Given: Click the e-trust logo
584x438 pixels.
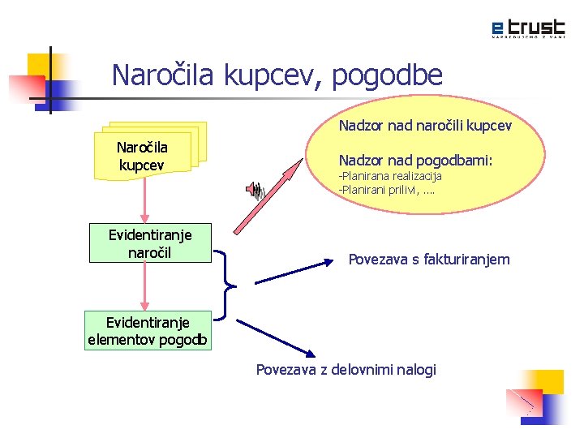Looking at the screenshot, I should [x=527, y=28].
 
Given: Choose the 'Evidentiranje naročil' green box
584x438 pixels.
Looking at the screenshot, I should [x=150, y=244].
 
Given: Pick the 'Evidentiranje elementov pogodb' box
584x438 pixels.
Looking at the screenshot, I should [x=148, y=330].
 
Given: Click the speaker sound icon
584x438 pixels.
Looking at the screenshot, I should [x=255, y=190].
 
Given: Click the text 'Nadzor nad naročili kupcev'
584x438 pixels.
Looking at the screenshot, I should [x=425, y=127].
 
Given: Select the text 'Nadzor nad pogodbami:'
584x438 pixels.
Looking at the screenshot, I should [x=415, y=160].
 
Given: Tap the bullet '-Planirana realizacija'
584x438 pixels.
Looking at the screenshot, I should [x=390, y=176].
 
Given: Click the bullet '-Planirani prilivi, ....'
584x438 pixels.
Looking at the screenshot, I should [x=386, y=190].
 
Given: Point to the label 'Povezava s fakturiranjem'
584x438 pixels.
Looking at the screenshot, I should [x=429, y=260].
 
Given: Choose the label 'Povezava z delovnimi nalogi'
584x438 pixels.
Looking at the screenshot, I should [x=346, y=370].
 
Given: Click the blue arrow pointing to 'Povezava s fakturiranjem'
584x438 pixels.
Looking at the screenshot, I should [x=295, y=271].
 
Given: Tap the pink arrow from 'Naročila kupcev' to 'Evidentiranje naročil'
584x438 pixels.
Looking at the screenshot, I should [x=144, y=198].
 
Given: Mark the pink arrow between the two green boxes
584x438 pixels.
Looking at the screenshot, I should [x=144, y=286].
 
